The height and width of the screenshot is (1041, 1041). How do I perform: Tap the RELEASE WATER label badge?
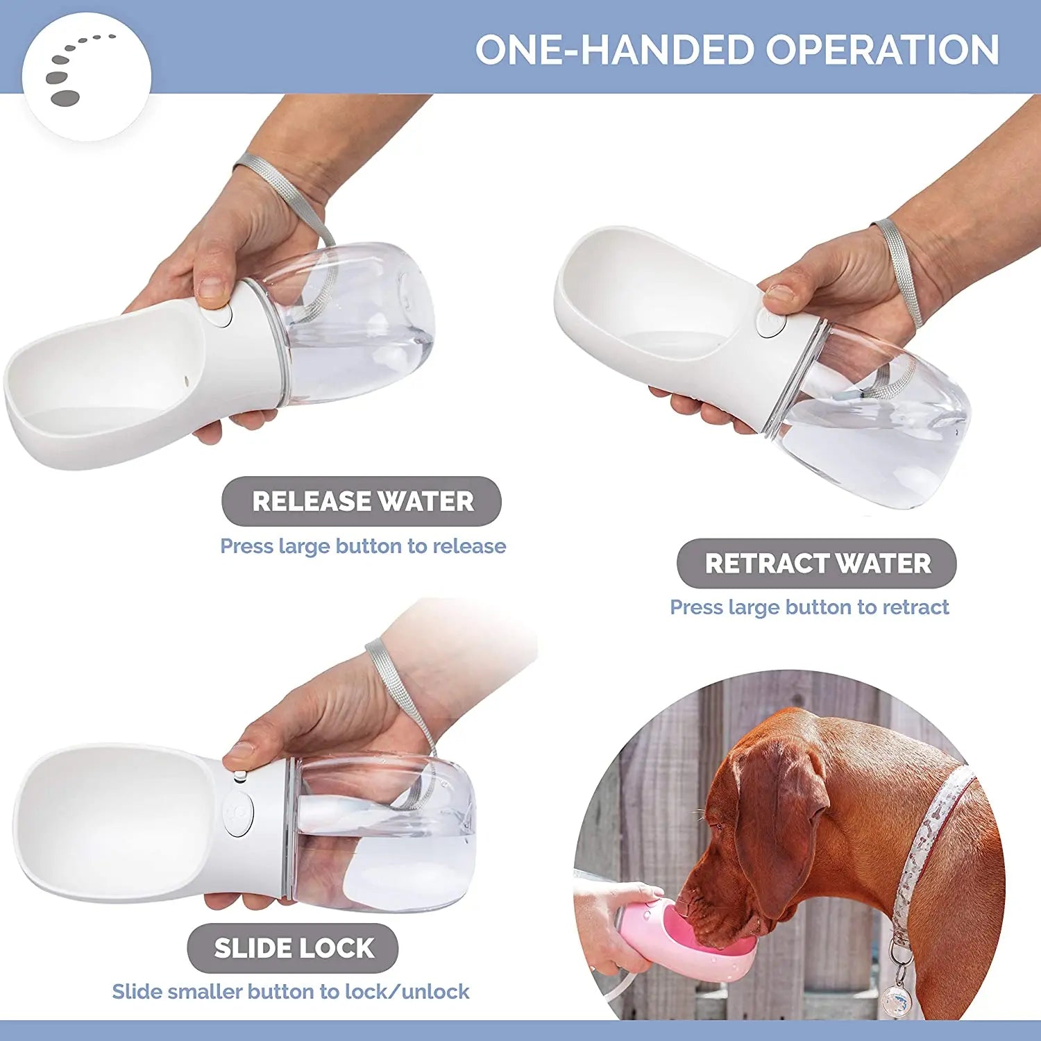click(361, 501)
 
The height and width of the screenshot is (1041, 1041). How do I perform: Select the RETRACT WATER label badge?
click(816, 564)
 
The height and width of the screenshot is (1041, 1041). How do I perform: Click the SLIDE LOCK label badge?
click(293, 948)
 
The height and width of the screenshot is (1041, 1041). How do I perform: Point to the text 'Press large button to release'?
click(363, 546)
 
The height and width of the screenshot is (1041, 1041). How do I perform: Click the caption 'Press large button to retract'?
click(809, 607)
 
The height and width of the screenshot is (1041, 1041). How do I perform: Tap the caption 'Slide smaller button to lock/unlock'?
click(291, 992)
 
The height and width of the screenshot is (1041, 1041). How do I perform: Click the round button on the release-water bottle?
click(219, 316)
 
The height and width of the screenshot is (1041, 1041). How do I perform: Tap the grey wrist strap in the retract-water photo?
click(901, 271)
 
